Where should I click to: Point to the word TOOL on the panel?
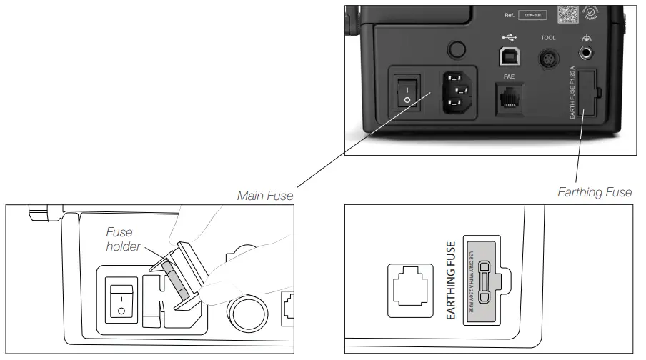click(x=548, y=37)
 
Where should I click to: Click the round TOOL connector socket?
click(x=549, y=56)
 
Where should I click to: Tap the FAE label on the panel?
click(x=509, y=76)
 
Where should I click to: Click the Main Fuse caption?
click(x=267, y=194)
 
